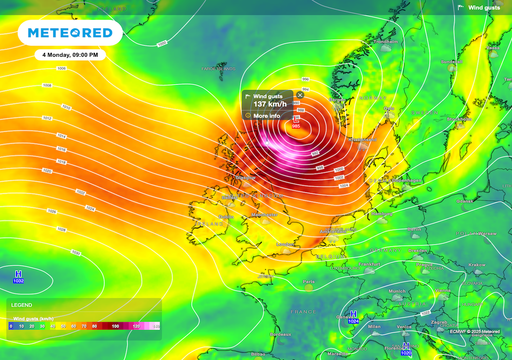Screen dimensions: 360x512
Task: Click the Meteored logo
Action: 70,33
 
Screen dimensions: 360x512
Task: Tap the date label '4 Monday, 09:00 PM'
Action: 70,54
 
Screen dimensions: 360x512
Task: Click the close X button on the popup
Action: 299,94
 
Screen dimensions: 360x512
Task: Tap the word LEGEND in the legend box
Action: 21,305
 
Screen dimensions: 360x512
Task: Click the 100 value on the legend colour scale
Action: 115,326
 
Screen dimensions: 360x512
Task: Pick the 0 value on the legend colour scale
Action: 11,326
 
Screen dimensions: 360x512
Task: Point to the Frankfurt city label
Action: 368,264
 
